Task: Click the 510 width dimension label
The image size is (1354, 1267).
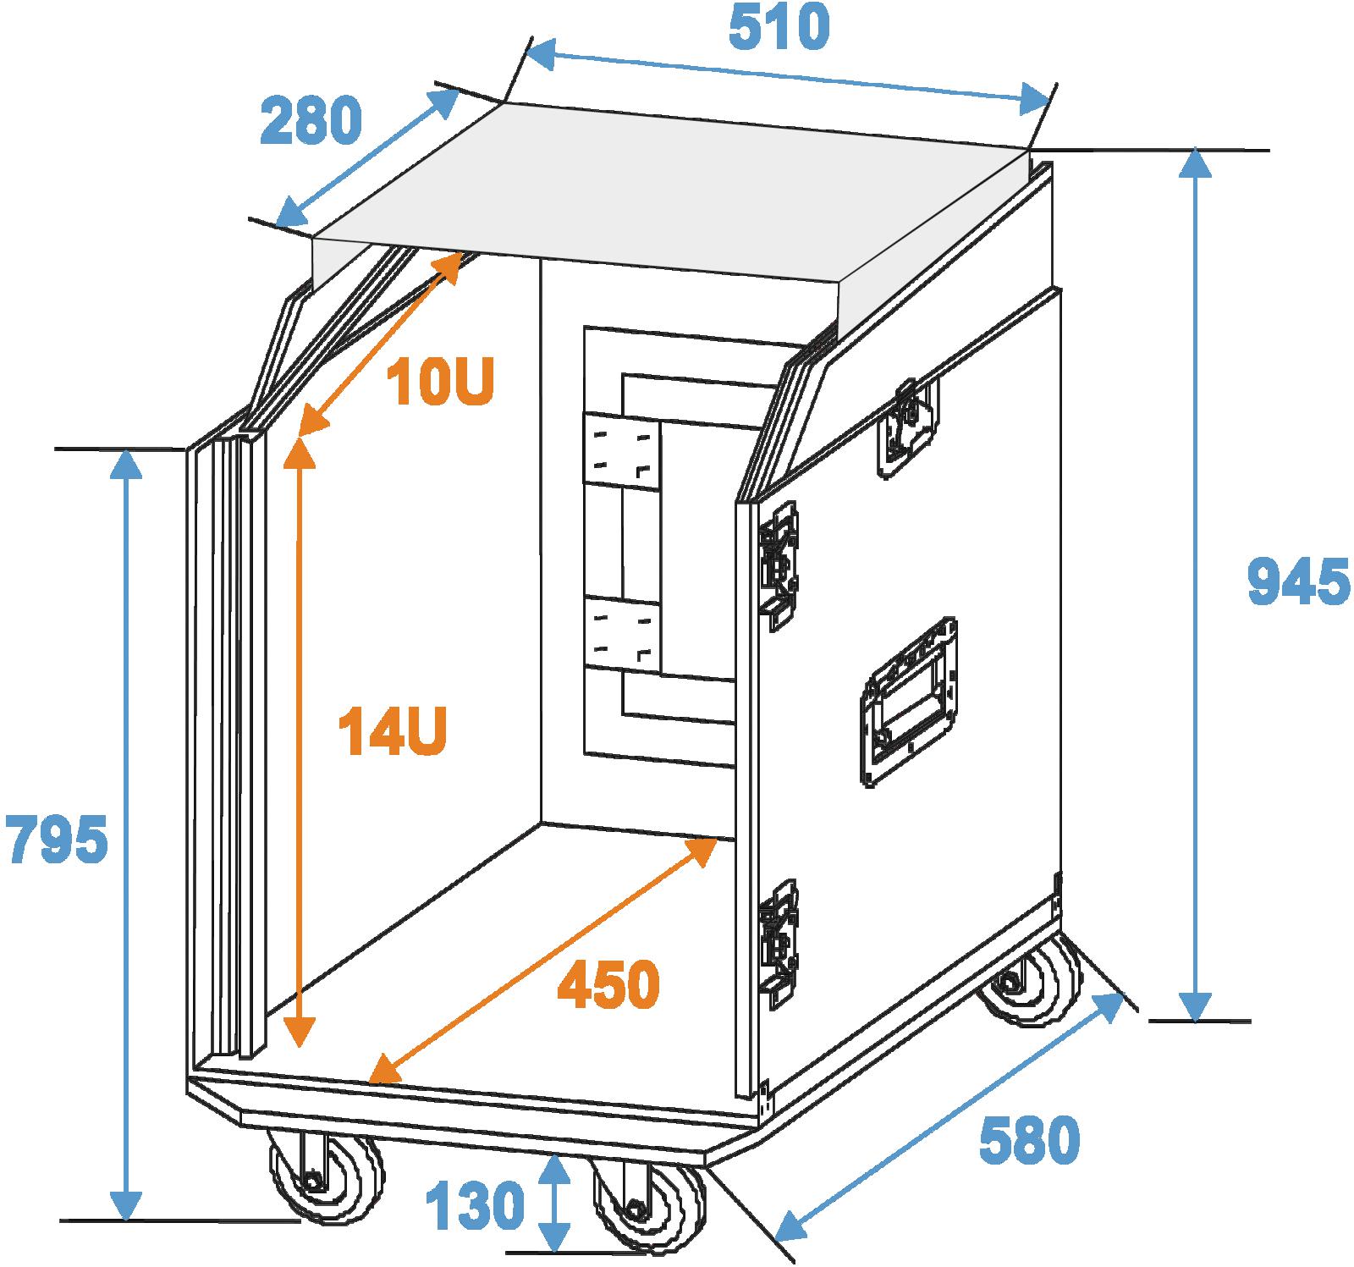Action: click(779, 28)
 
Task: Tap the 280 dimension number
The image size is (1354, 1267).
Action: click(311, 120)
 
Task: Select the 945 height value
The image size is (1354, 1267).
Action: click(1299, 581)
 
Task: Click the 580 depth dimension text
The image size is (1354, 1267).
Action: click(1030, 1141)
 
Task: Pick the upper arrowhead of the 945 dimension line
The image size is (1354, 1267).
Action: click(1195, 166)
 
